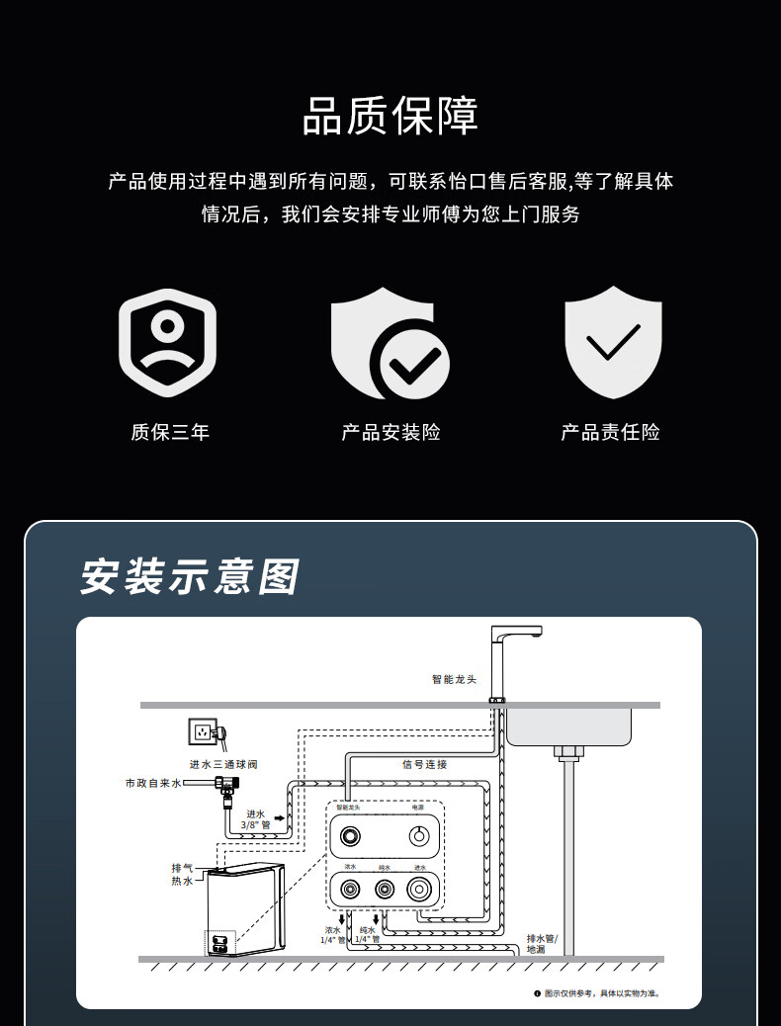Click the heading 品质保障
(390, 117)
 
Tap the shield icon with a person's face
(167, 342)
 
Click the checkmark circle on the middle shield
(410, 362)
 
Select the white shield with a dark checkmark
(613, 342)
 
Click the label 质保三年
(170, 432)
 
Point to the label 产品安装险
(390, 432)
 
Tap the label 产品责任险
(610, 432)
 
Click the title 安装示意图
(189, 577)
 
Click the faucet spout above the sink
(518, 634)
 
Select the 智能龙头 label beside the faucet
(454, 679)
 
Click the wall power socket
(204, 733)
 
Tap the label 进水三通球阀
(224, 764)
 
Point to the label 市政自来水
(153, 783)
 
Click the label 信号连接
(425, 764)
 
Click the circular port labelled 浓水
(350, 889)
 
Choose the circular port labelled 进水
(420, 889)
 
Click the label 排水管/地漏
(542, 943)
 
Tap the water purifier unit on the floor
(244, 909)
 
